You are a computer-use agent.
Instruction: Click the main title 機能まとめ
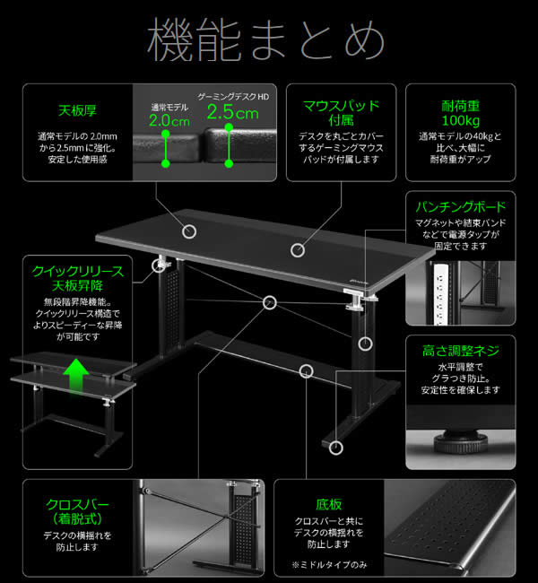point(268,41)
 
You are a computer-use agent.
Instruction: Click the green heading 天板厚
point(77,112)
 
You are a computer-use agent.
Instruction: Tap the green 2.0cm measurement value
point(169,119)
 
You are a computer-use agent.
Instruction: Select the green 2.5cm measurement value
point(232,114)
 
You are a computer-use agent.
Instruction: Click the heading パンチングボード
point(461,204)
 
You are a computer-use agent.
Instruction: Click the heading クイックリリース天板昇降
point(77,278)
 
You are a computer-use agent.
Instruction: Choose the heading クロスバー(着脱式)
point(77,512)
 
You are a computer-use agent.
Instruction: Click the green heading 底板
point(329,505)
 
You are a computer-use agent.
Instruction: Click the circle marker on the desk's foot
point(337,447)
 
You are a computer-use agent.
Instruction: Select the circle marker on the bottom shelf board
point(308,370)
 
